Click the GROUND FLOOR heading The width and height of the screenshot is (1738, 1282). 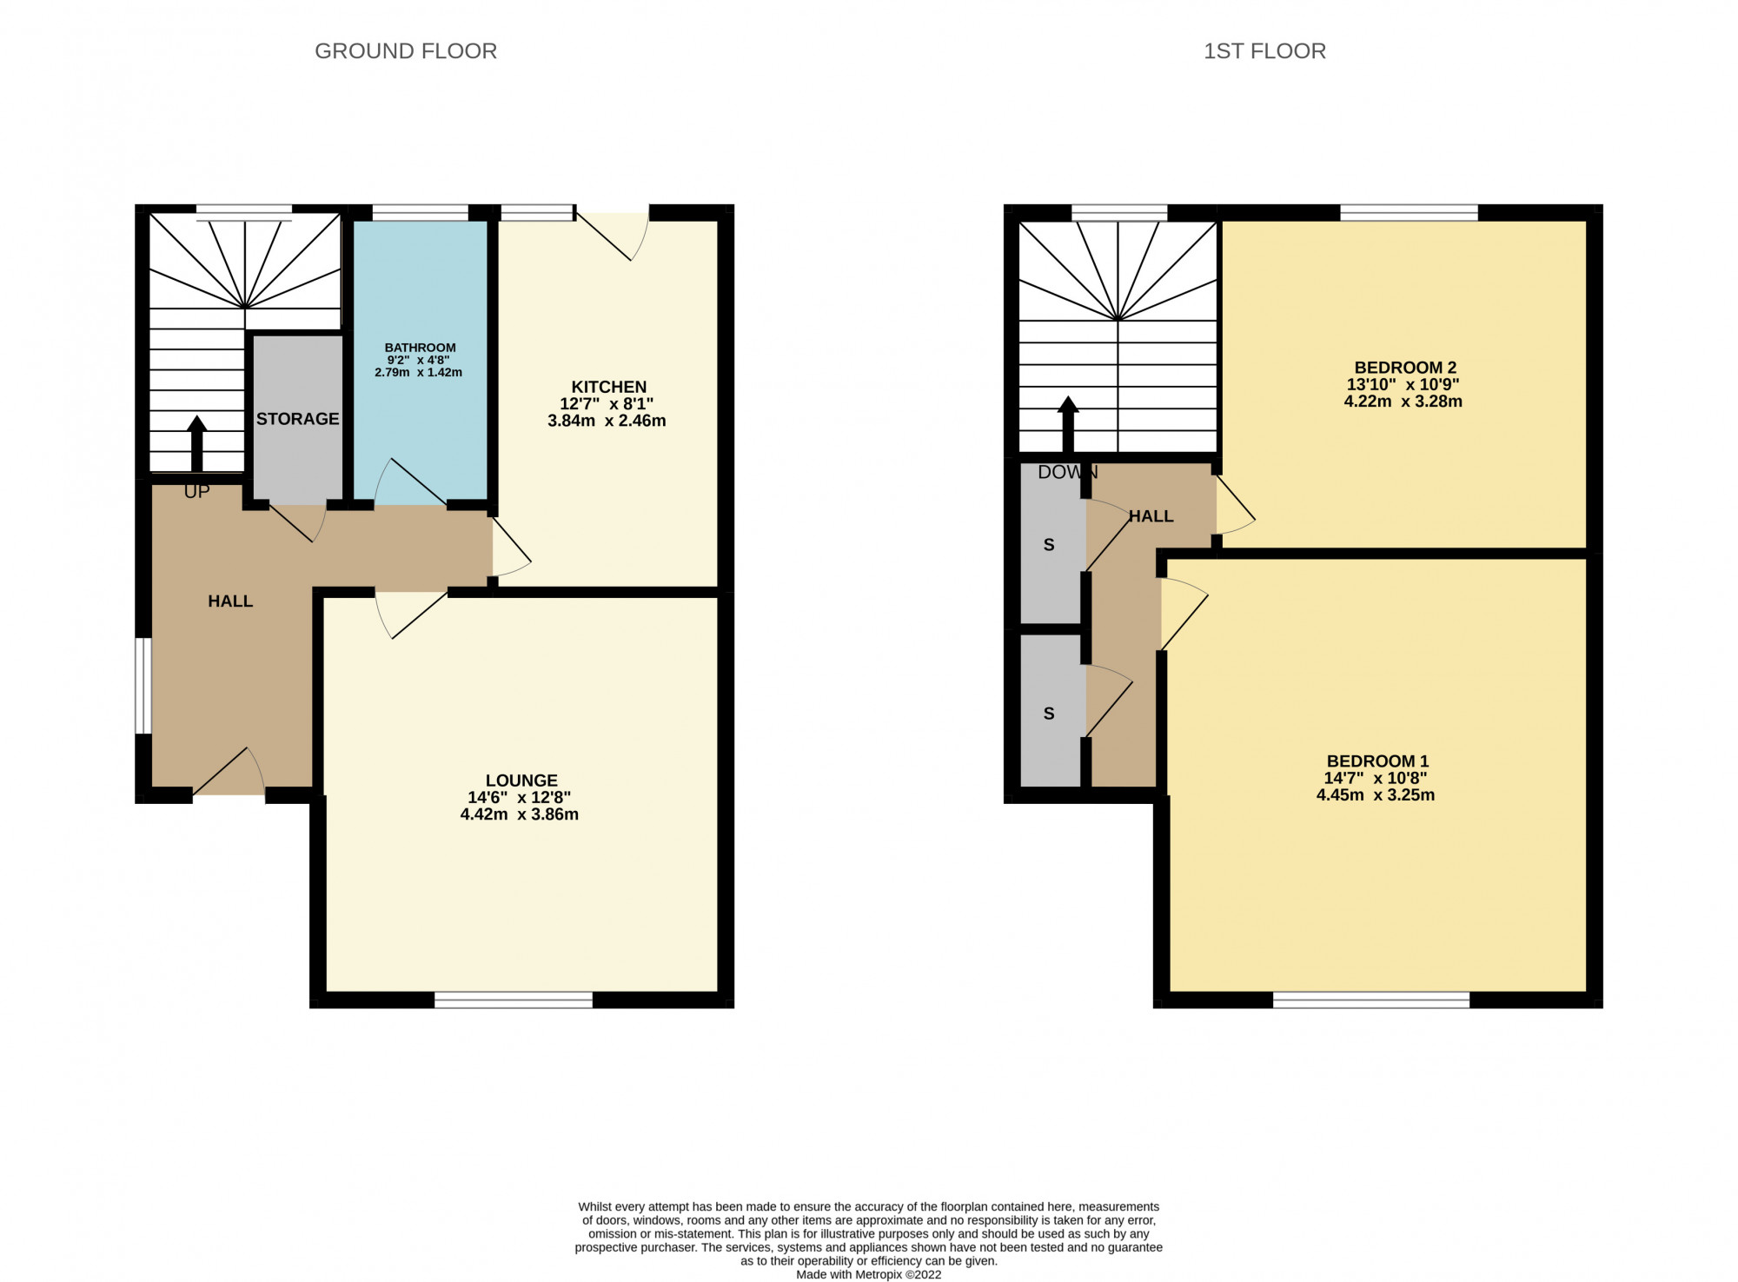pos(405,51)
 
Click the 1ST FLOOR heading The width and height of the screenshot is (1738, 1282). pos(1264,51)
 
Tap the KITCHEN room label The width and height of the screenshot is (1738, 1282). pos(608,387)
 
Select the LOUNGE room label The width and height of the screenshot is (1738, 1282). pos(521,780)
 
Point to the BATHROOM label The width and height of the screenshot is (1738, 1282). pos(420,348)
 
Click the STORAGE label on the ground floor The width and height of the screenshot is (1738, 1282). pos(297,419)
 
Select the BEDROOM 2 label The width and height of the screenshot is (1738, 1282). pos(1404,368)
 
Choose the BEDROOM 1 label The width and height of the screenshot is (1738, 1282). pos(1376,761)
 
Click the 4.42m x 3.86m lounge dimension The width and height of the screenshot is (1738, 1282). pos(520,814)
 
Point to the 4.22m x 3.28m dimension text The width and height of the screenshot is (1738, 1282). pos(1403,402)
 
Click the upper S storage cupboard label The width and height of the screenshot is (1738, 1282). pos(1049,546)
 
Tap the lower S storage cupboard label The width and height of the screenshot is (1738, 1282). pos(1049,714)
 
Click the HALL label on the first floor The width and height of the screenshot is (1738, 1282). pos(1151,516)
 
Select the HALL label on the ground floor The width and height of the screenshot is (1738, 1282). pos(230,601)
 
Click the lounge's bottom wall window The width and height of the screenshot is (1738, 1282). pos(513,1000)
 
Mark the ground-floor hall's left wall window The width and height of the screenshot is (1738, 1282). pos(143,686)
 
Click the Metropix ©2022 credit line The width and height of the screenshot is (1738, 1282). pos(868,1274)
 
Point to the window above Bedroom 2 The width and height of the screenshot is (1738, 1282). pos(1408,212)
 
